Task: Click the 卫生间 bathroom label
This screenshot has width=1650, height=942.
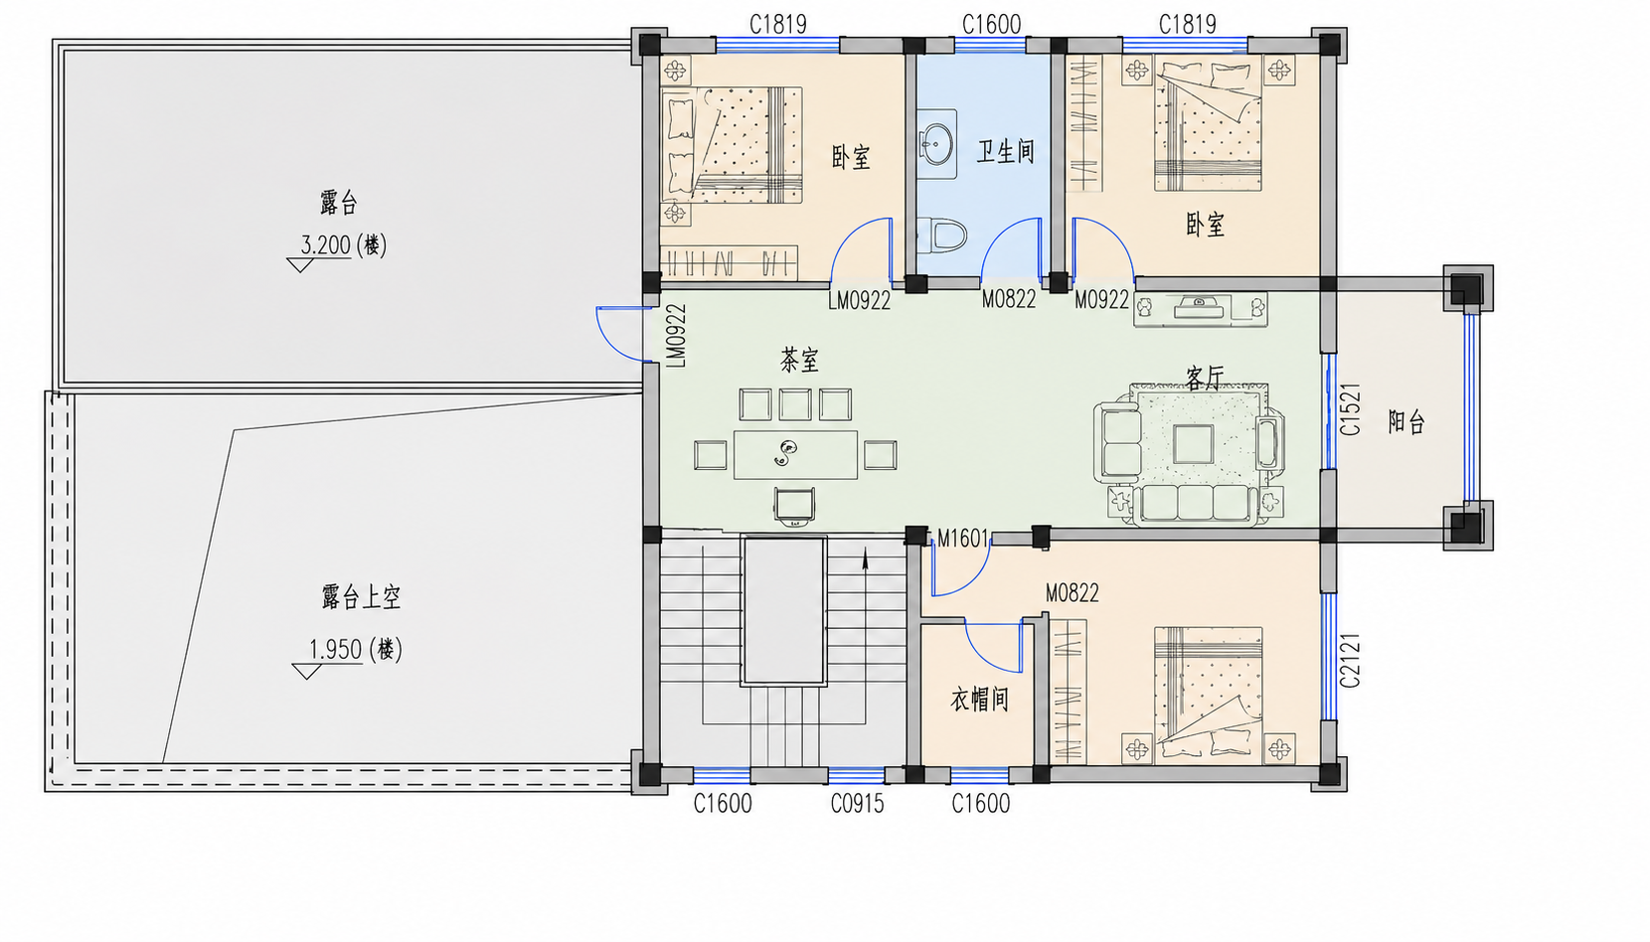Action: pos(1006,152)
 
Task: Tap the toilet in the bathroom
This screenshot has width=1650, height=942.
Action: pos(942,235)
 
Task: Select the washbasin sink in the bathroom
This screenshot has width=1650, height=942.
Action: pos(937,144)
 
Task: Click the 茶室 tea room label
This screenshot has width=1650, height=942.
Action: pos(799,360)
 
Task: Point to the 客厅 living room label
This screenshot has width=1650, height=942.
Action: pos(1205,378)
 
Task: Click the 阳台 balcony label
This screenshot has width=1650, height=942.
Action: pos(1406,422)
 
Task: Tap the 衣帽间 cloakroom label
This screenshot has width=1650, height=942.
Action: pos(979,699)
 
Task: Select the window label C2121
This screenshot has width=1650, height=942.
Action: pos(1350,661)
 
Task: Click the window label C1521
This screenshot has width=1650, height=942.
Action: pos(1350,409)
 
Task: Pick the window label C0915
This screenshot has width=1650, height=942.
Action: pos(857,804)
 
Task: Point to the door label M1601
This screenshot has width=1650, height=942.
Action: pos(962,540)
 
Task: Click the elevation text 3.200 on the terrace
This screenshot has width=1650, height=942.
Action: pos(326,245)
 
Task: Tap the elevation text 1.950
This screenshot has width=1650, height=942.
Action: pos(335,650)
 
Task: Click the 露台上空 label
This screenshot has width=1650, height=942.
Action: pos(361,597)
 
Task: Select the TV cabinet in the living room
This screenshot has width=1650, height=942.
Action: pos(1201,309)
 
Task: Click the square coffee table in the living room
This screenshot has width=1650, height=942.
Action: pos(1194,444)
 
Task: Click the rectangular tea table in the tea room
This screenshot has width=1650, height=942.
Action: pos(795,454)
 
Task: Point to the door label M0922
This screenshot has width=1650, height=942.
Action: pos(1101,300)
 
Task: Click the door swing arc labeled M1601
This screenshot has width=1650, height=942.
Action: pos(974,579)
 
